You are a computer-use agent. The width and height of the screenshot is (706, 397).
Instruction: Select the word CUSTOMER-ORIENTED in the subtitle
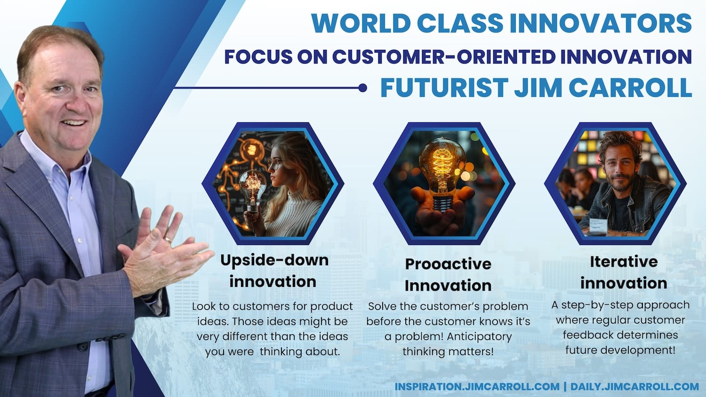(444, 57)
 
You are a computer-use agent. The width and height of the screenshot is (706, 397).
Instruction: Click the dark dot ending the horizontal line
(363, 88)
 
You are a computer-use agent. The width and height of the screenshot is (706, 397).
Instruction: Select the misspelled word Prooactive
(448, 264)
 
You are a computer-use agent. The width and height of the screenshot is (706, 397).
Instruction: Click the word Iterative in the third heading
(624, 262)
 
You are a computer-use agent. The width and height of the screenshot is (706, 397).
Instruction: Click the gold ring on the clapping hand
(168, 240)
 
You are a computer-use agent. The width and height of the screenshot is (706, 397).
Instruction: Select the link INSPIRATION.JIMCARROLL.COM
(477, 387)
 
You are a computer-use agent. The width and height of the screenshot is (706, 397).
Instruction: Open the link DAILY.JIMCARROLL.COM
(634, 387)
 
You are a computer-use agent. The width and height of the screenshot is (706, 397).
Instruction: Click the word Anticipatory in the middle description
(479, 337)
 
